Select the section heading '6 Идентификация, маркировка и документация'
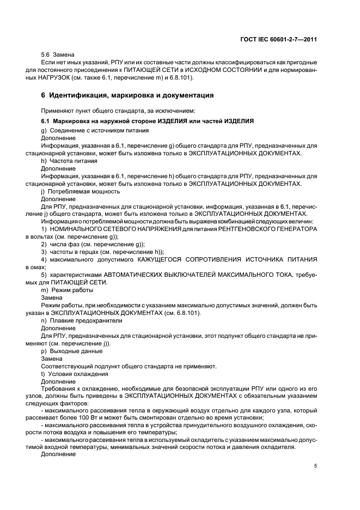[x=120, y=95]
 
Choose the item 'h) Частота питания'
[x=69, y=162]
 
